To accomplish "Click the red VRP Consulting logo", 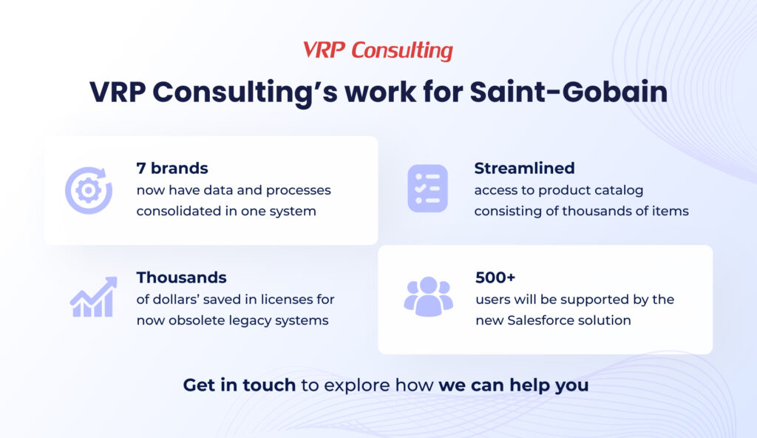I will click(378, 51).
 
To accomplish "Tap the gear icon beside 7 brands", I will click(89, 190).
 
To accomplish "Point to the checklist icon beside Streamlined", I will click(427, 188).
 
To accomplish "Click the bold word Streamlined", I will click(524, 168).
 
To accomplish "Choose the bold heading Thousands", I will click(181, 277).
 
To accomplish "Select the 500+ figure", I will click(495, 277).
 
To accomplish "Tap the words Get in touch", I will click(239, 385).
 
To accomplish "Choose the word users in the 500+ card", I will click(493, 300).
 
